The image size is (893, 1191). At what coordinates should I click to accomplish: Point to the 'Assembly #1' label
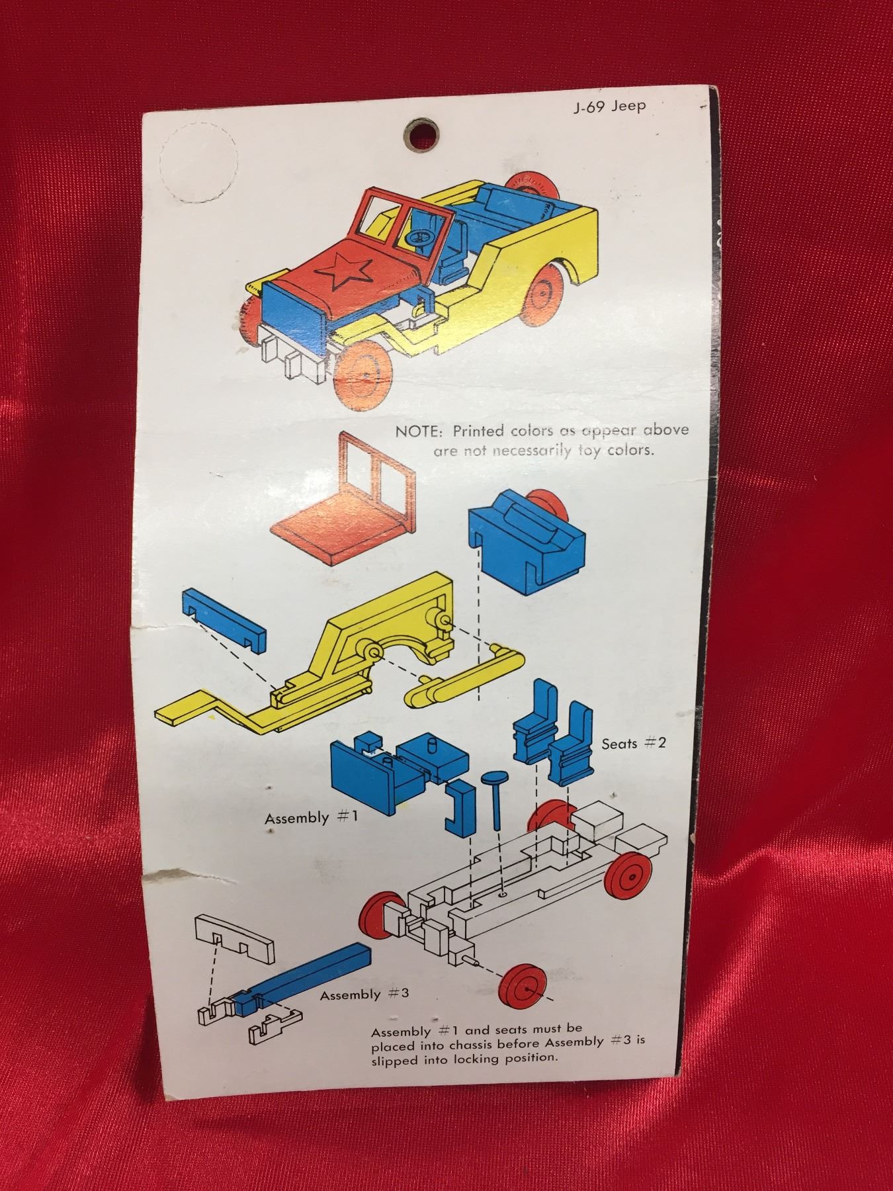click(312, 818)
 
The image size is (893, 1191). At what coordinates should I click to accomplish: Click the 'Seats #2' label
click(633, 743)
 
